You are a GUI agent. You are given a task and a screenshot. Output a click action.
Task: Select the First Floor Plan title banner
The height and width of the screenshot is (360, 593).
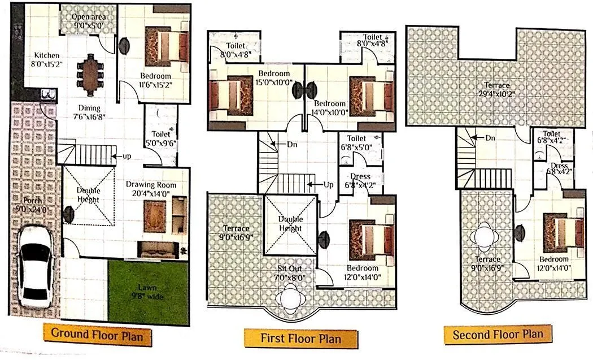tap(300, 339)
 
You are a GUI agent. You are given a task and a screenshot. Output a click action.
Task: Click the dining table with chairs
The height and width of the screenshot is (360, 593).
tap(90, 73)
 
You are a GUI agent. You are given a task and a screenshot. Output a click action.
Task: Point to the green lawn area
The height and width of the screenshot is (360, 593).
tap(148, 292)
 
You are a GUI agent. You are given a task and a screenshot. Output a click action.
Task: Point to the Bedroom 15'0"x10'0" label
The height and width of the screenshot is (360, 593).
tap(274, 77)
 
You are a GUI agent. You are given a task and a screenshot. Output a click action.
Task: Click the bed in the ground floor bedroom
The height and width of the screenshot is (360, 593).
tap(167, 45)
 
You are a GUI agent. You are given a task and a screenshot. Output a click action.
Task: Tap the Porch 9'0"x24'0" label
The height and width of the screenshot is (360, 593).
tap(33, 205)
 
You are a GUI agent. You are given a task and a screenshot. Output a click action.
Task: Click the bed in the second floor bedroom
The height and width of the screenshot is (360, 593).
tap(563, 232)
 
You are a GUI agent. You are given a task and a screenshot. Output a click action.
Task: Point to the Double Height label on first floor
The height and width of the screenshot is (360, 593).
tap(290, 224)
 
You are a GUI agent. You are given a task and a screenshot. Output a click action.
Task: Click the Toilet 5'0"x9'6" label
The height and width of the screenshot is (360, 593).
tap(161, 139)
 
